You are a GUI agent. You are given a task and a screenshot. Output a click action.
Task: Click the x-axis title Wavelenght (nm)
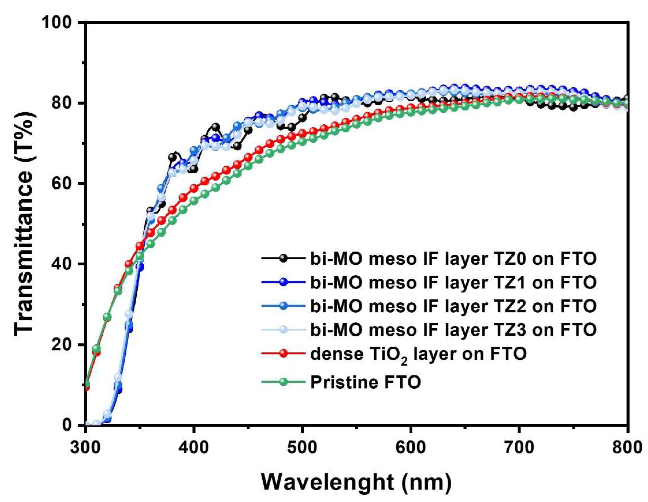pyautogui.click(x=356, y=483)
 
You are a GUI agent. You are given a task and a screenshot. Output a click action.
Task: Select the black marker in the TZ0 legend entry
pyautogui.click(x=284, y=258)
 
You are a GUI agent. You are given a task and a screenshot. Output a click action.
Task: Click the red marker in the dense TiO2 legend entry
pyautogui.click(x=284, y=353)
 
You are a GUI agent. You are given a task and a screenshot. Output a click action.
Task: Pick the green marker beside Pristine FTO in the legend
pyautogui.click(x=284, y=382)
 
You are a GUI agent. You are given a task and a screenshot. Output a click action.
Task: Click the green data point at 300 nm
pyautogui.click(x=86, y=383)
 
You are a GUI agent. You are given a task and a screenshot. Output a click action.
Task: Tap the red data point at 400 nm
pyautogui.click(x=194, y=188)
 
